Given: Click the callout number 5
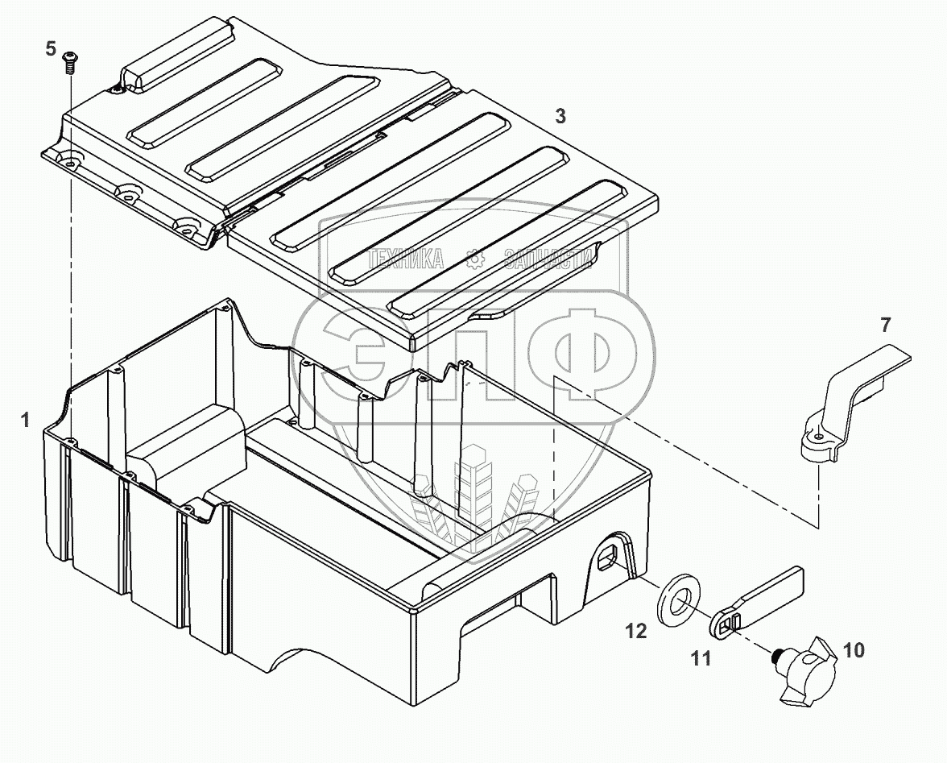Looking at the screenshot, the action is pyautogui.click(x=51, y=48).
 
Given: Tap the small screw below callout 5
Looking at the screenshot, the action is pyautogui.click(x=69, y=62).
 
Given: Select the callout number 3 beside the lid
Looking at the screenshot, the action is pyautogui.click(x=560, y=116).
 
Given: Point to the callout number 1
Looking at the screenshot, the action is pyautogui.click(x=26, y=420).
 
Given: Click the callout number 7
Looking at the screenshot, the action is pyautogui.click(x=886, y=325).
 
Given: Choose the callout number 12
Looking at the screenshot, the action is pyautogui.click(x=636, y=632).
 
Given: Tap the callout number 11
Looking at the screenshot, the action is pyautogui.click(x=701, y=658).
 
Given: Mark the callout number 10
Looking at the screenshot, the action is pyautogui.click(x=854, y=651).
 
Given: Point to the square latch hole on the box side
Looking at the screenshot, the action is pyautogui.click(x=605, y=555).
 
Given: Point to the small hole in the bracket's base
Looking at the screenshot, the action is pyautogui.click(x=818, y=437).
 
